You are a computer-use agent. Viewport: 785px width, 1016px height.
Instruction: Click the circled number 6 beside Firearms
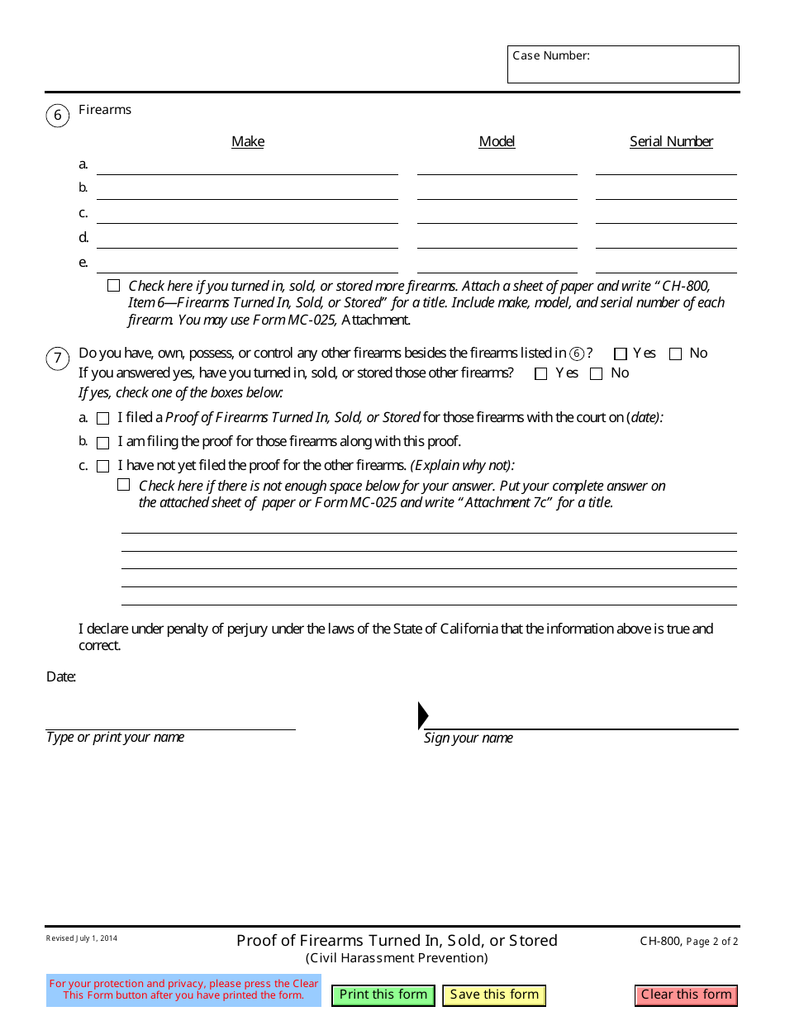[57, 115]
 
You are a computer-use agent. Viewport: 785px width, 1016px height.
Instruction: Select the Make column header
[247, 141]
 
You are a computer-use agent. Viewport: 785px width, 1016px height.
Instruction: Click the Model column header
[497, 141]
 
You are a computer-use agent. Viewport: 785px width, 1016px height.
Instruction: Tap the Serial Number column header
[671, 141]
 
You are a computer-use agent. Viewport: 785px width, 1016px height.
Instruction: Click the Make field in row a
[247, 165]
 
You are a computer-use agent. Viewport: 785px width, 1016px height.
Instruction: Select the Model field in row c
[497, 214]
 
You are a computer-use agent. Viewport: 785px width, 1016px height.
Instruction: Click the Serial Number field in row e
[665, 263]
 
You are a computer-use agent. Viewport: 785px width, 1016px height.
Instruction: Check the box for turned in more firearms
[113, 286]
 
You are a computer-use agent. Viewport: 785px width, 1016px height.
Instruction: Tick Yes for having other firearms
[621, 354]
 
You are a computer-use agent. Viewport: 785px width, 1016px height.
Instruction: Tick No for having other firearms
[675, 354]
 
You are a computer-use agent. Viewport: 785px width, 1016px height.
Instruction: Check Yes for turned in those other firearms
[541, 373]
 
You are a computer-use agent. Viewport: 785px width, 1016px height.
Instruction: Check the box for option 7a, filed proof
[102, 419]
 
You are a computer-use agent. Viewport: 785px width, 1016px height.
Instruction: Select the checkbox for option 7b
[102, 443]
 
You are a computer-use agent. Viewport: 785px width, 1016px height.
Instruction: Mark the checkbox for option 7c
[102, 466]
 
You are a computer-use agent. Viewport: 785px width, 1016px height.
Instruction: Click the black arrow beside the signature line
[423, 715]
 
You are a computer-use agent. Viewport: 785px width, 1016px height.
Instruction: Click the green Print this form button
[383, 995]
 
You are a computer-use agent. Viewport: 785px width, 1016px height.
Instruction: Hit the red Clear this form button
[686, 995]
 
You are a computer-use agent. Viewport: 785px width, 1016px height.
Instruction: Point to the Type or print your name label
[115, 738]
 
